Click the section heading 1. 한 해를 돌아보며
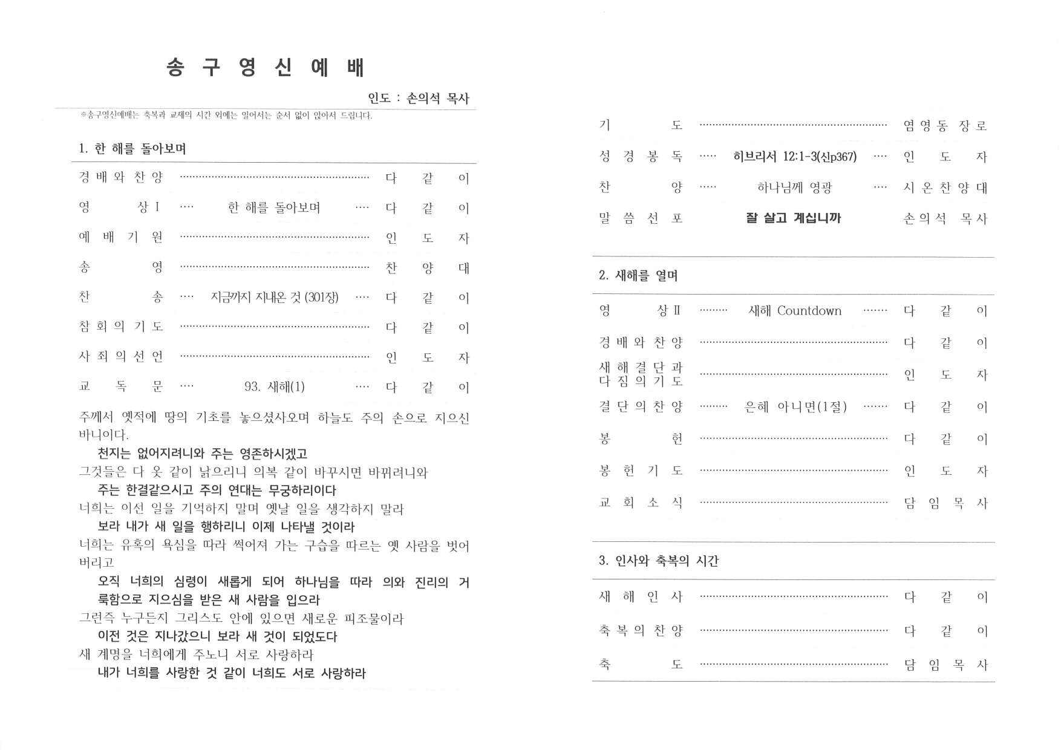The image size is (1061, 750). pos(132,149)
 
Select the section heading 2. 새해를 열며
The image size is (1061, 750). pos(638,276)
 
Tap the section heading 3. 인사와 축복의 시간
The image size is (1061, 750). pos(659,561)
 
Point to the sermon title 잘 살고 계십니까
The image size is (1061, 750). pos(793,218)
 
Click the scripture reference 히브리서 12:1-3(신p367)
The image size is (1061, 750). pos(795,157)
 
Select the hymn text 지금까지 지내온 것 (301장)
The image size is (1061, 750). pos(275,298)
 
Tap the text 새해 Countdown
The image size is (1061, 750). pos(795,311)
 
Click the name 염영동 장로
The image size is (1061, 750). pos(945,126)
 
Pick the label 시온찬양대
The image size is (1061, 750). pos(945,188)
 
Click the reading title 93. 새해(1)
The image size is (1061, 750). pos(275,386)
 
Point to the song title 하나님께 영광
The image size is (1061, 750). pos(794,188)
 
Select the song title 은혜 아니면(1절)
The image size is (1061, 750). pos(795,407)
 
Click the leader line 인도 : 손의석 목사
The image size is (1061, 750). pos(419,99)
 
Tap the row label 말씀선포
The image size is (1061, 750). pos(641,218)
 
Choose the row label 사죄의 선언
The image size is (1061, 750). pos(121,357)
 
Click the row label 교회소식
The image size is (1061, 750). pos(641,503)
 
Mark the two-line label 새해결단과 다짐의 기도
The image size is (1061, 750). pos(641,374)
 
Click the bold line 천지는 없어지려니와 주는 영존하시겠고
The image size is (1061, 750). pos(203,454)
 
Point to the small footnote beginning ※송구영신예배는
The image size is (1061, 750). pos(226,116)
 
